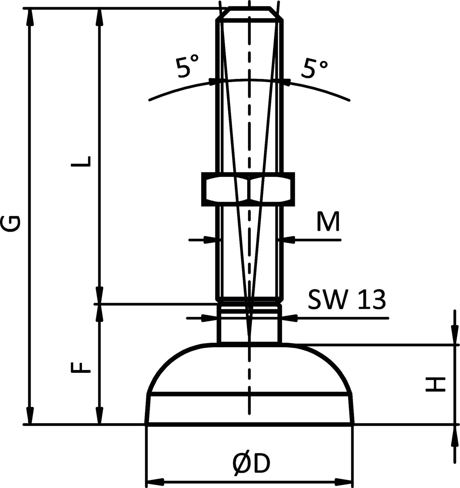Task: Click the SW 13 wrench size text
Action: click(x=346, y=300)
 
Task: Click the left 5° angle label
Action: click(x=187, y=68)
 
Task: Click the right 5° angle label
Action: click(x=314, y=68)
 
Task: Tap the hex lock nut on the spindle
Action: click(x=248, y=189)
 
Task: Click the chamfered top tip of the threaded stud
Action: click(x=250, y=13)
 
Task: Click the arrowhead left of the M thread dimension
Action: click(x=210, y=240)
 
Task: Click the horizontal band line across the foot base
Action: click(x=250, y=394)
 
